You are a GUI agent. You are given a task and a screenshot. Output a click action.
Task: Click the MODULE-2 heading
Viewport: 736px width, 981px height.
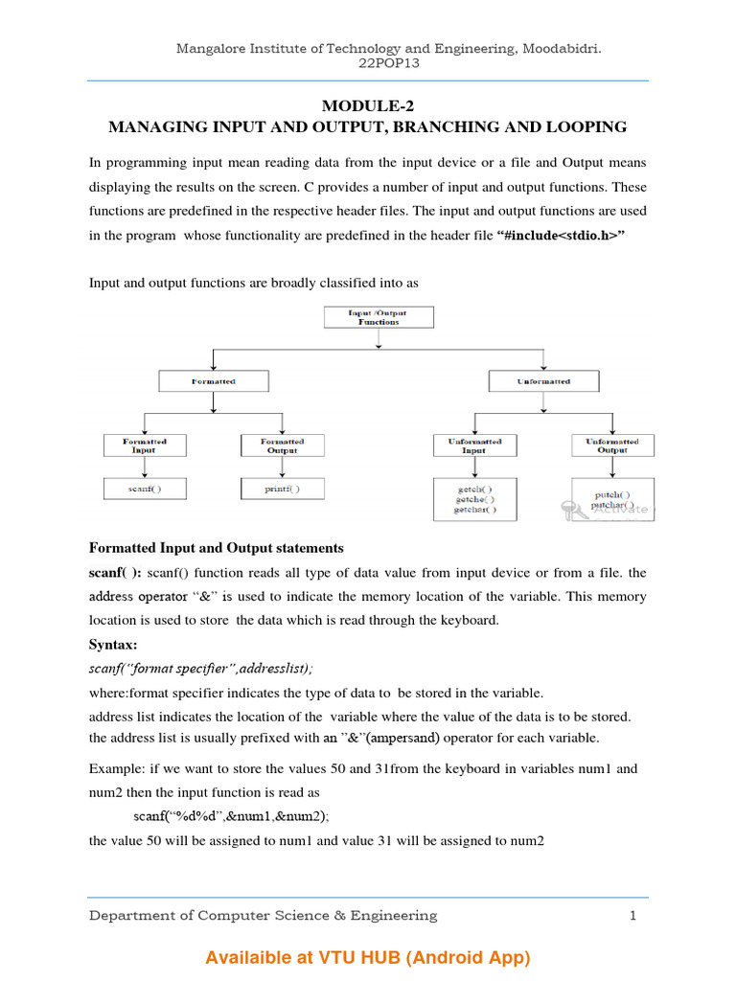[x=367, y=106]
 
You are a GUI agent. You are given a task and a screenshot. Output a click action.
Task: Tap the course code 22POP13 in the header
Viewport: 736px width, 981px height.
[x=367, y=65]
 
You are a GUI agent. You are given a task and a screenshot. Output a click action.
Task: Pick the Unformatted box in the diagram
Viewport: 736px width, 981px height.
[x=543, y=381]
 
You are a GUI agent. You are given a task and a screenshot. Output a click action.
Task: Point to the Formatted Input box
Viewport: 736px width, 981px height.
[x=145, y=445]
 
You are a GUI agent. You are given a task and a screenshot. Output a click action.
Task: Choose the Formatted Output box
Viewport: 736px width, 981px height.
[x=282, y=445]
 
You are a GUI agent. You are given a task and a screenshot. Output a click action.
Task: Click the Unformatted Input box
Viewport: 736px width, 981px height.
[x=474, y=445]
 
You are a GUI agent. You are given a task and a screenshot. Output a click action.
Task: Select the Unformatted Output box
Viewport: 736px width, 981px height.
[x=612, y=445]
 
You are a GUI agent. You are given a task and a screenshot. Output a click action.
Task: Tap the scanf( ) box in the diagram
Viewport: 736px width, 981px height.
[x=145, y=489]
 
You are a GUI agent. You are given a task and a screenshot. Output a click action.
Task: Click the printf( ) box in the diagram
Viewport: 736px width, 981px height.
[x=282, y=489]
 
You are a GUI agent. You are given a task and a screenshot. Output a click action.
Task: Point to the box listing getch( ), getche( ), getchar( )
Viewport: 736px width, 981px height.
[x=474, y=499]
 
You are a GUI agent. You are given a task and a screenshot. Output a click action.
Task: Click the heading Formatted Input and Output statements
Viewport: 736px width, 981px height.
[x=216, y=549]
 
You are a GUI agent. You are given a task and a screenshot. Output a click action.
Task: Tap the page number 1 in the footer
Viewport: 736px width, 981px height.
[x=632, y=916]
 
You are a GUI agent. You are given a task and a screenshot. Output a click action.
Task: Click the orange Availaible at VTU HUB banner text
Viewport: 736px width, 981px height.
[x=367, y=958]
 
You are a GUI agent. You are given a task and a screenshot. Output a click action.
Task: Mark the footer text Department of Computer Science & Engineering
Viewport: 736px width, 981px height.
[x=263, y=916]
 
